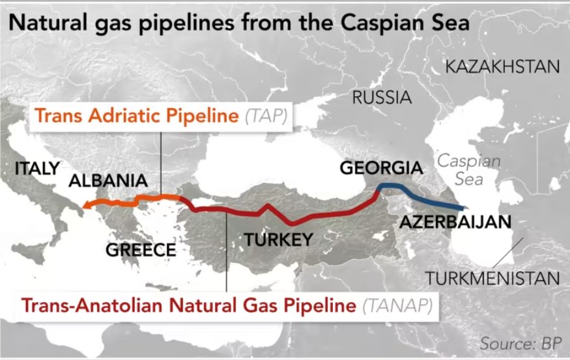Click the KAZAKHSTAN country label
pyautogui.click(x=502, y=67)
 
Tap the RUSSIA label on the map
pyautogui.click(x=382, y=98)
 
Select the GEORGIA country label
pyautogui.click(x=381, y=168)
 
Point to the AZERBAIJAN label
pyautogui.click(x=455, y=222)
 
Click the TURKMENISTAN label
pyautogui.click(x=492, y=279)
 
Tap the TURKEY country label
pyautogui.click(x=278, y=240)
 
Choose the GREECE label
pyautogui.click(x=141, y=250)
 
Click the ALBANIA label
pyautogui.click(x=107, y=181)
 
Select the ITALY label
pyautogui.click(x=37, y=168)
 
